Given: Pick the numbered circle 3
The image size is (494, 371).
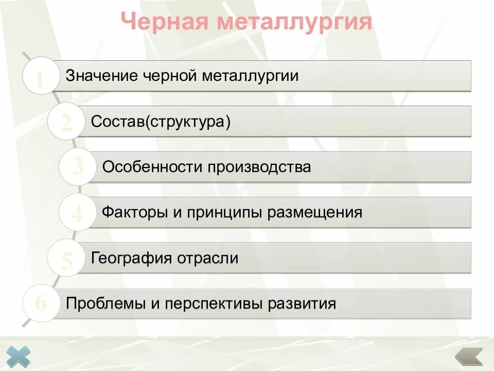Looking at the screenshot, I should click(77, 166).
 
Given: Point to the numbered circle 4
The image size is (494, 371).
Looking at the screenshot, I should click(77, 212).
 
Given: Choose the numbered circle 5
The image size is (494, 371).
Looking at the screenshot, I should click(66, 258).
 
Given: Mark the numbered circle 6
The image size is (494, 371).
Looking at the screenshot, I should click(41, 303).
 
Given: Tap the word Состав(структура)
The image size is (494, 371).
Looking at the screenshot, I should click(161, 122).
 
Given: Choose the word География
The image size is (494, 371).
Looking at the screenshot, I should click(131, 258).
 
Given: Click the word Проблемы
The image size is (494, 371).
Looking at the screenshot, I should click(105, 303).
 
